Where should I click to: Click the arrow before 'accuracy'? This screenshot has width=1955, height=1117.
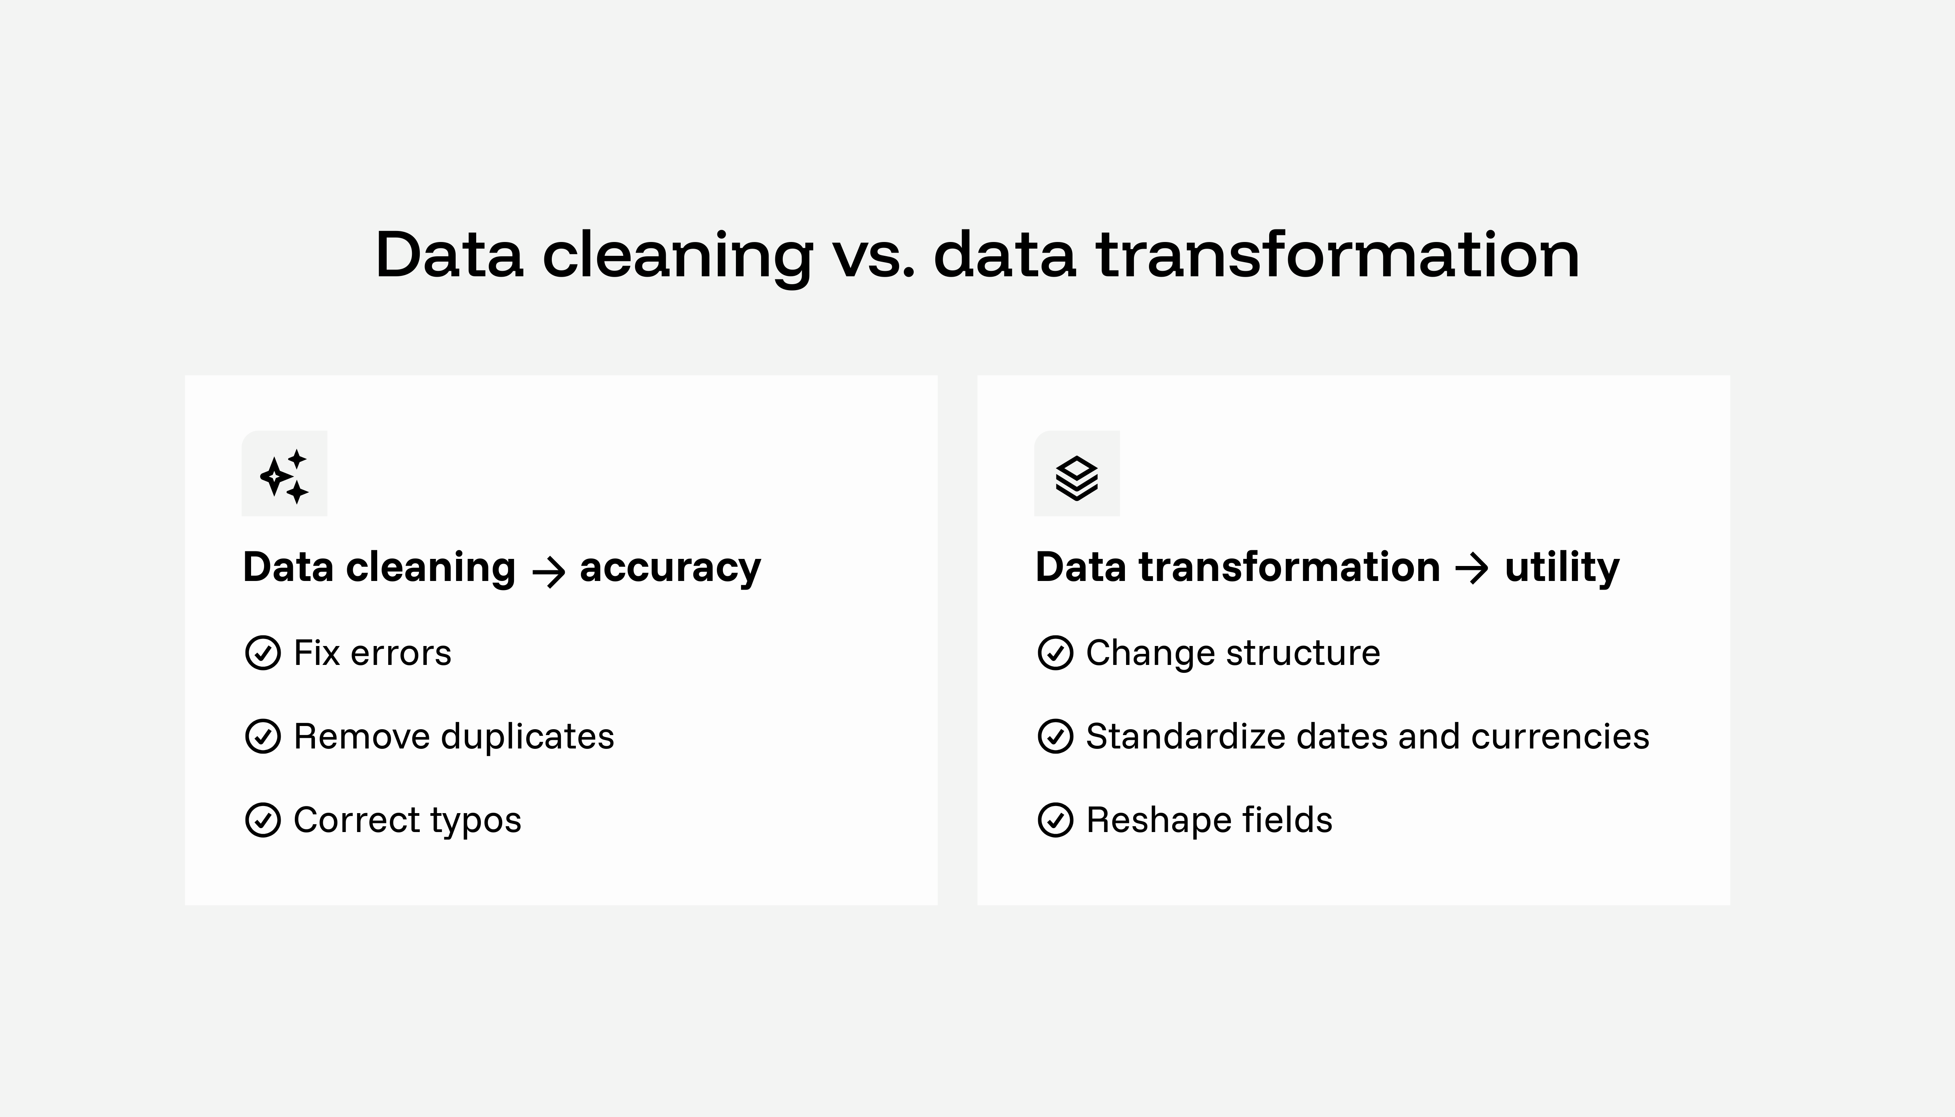pos(548,572)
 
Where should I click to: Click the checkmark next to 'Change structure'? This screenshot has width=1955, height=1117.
pos(1056,653)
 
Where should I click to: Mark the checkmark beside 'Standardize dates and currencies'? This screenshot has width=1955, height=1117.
pos(1056,737)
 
